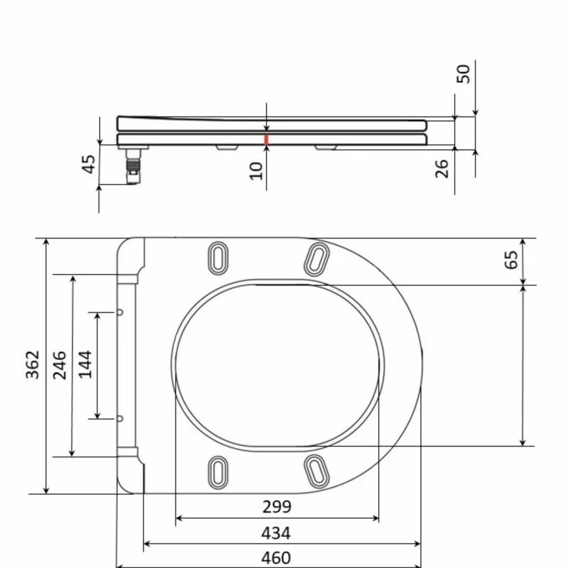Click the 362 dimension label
coord(32,364)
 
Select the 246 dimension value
coord(60,365)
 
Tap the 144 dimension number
coord(85,364)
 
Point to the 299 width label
coord(277,507)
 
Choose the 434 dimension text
coord(276,533)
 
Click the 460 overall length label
coord(276,558)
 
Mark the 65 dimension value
coord(511,260)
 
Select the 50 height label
coord(464,74)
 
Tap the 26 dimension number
coord(442,169)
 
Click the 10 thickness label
coord(256,171)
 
